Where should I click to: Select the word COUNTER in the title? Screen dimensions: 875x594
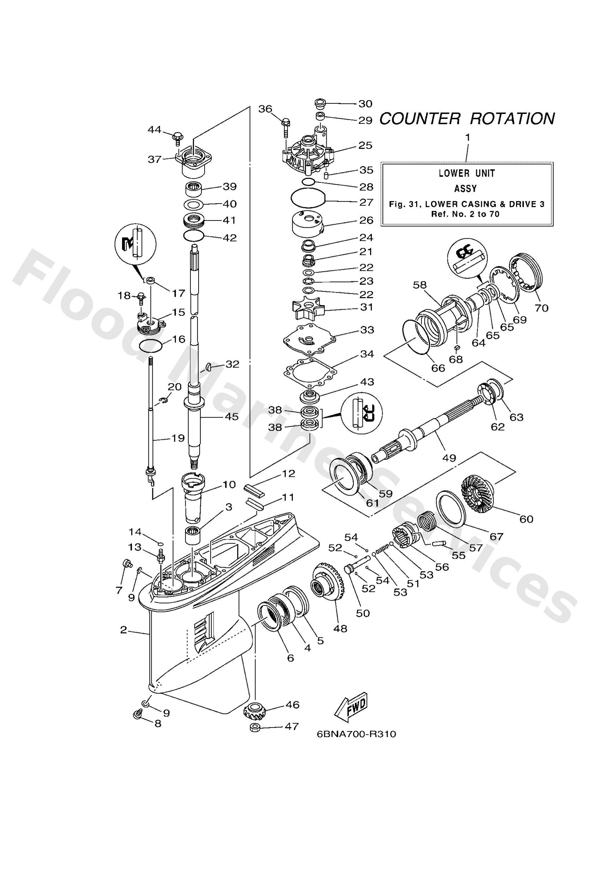[419, 119]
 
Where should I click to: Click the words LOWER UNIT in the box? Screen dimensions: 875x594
[466, 173]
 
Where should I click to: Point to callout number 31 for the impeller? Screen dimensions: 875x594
[366, 307]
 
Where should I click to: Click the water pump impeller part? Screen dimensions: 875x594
[307, 310]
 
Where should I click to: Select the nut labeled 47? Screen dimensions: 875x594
[254, 727]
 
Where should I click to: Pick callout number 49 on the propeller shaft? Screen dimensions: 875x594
[449, 458]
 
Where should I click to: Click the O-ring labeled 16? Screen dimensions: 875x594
[151, 345]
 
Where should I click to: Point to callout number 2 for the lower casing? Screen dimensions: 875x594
[123, 630]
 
